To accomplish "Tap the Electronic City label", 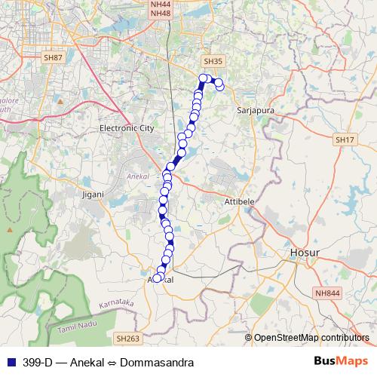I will click(x=127, y=129).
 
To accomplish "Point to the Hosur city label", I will click(x=306, y=252).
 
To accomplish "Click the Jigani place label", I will click(x=91, y=195).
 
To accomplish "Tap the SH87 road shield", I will click(x=53, y=57).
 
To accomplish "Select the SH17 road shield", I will click(x=345, y=140).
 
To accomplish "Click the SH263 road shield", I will click(x=127, y=340).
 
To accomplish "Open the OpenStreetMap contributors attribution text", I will click(x=311, y=338).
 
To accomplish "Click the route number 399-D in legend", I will click(x=37, y=363).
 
